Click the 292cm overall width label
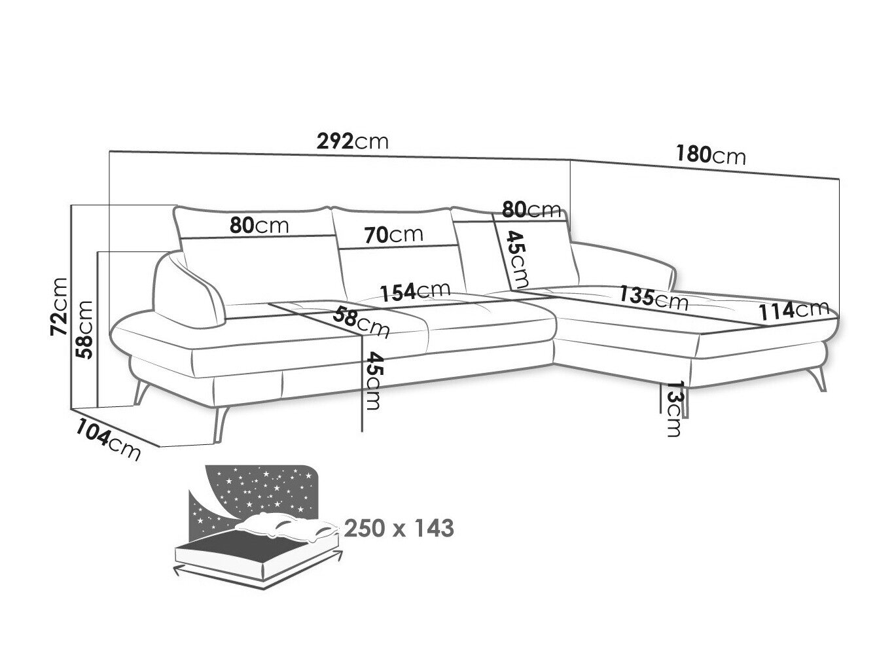[352, 141]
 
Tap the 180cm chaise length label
[711, 155]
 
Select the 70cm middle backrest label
[393, 235]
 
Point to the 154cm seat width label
[415, 291]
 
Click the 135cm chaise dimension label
[653, 298]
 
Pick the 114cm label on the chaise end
[793, 311]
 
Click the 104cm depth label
[108, 440]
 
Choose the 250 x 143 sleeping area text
[399, 528]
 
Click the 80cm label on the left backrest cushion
[259, 225]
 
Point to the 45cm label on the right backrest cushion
[518, 260]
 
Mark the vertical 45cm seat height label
[373, 380]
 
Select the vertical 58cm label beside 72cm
[84, 329]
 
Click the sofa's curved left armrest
[188, 290]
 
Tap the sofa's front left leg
[221, 423]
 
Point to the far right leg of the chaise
[819, 379]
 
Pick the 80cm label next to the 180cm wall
[531, 210]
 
